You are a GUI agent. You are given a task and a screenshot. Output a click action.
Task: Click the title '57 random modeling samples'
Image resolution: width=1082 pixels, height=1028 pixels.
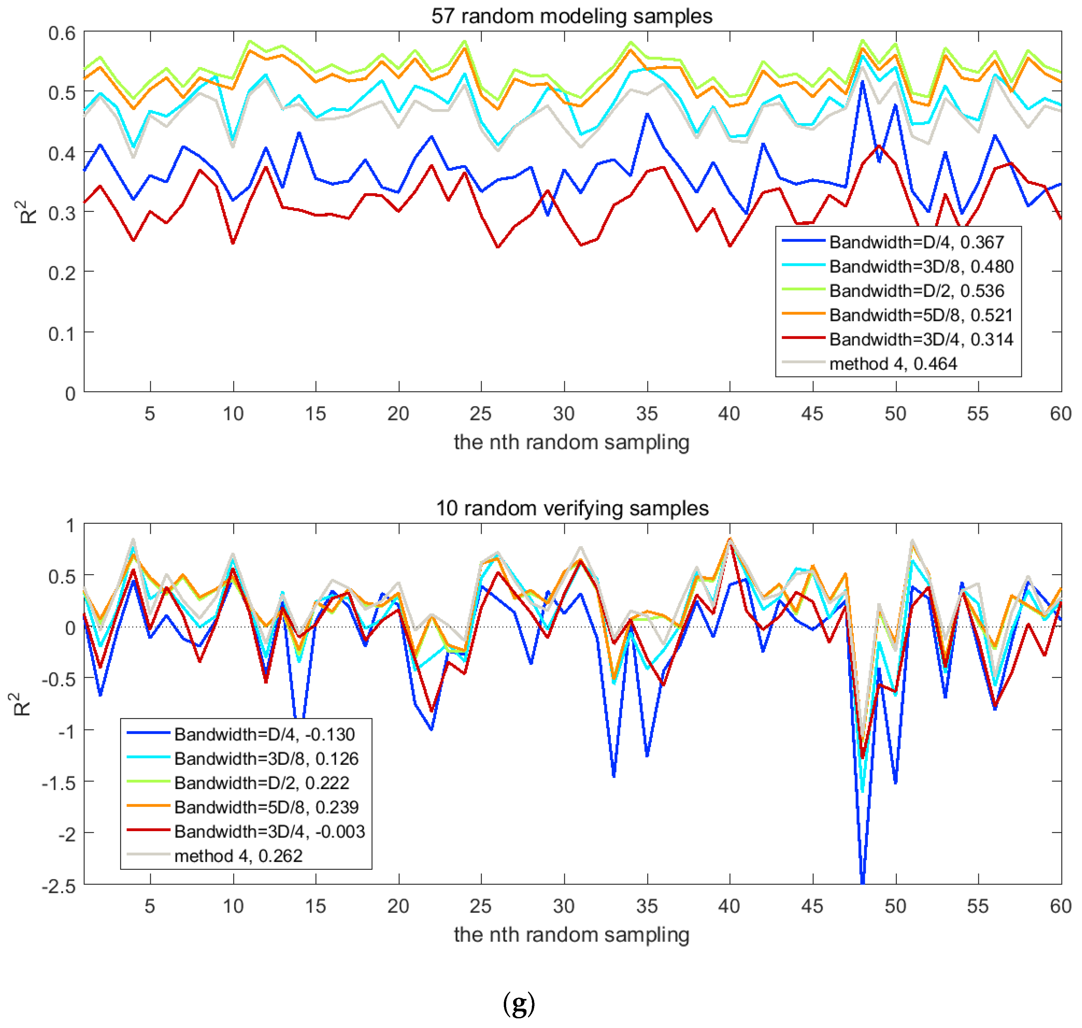(572, 16)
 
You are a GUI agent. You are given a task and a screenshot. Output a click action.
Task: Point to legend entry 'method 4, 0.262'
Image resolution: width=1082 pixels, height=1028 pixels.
(238, 855)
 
